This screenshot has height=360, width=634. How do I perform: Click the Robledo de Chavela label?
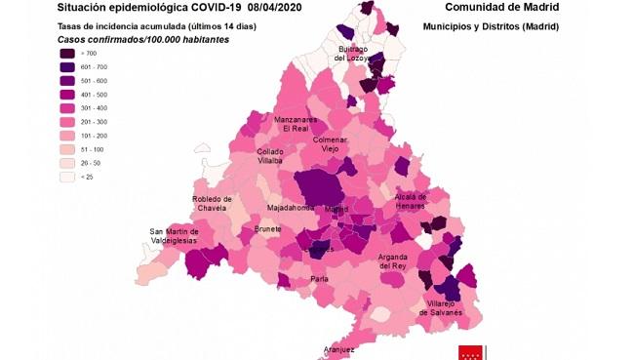pos(212,207)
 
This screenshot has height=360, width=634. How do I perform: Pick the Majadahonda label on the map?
pos(291,208)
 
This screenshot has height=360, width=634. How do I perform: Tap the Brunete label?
pos(267,229)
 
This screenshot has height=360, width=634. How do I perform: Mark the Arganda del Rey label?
pos(393,260)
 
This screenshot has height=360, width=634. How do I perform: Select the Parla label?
pos(319,279)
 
